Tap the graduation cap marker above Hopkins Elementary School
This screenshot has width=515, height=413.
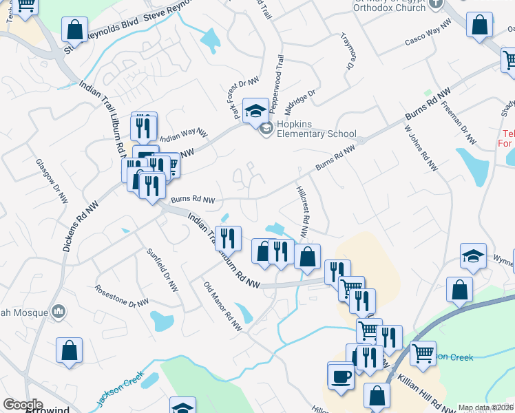pyautogui.click(x=255, y=109)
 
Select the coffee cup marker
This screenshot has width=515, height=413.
pyautogui.click(x=341, y=376)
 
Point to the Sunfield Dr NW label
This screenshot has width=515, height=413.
pyautogui.click(x=162, y=269)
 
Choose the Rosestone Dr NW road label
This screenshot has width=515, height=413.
pyautogui.click(x=122, y=295)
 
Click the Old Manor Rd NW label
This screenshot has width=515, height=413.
pyautogui.click(x=222, y=304)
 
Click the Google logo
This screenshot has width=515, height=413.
pyautogui.click(x=23, y=404)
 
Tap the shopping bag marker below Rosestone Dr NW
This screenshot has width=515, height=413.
pyautogui.click(x=70, y=351)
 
